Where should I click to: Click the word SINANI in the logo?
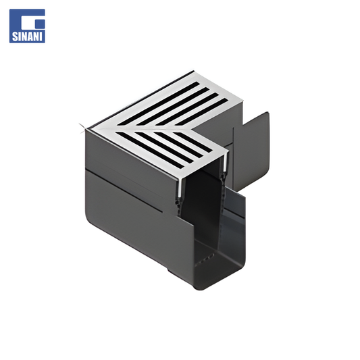click(x=27, y=36)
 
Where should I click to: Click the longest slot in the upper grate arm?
click(x=159, y=103)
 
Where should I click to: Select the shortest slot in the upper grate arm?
click(x=201, y=112)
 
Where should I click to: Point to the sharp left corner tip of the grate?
click(x=80, y=125)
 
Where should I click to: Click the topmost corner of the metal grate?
click(x=193, y=71)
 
